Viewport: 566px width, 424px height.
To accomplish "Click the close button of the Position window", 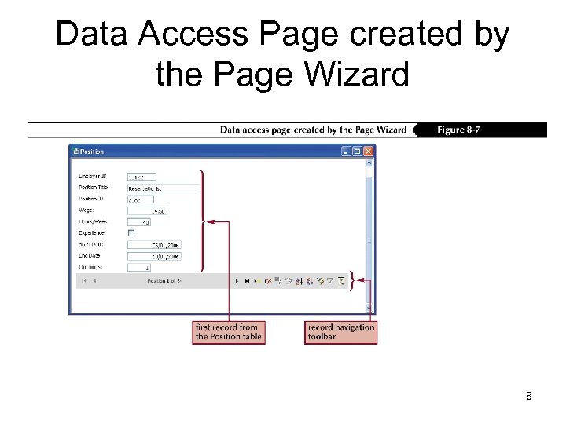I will tap(368, 152).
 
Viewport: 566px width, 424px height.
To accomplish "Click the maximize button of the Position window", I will tap(357, 152).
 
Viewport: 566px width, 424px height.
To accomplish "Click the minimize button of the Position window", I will tap(346, 152).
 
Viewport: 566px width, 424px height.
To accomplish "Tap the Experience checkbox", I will tap(131, 233).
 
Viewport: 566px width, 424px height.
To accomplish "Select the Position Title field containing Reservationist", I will tap(163, 188).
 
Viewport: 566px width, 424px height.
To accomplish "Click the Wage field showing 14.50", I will tap(146, 211).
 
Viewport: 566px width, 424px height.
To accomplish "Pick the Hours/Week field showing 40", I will tap(138, 222).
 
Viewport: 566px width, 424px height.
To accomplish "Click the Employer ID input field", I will tap(141, 177).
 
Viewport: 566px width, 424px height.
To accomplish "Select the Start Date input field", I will tap(153, 245).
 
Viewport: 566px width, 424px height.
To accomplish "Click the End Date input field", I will tap(153, 256).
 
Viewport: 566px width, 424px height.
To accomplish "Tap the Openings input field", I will tap(138, 268).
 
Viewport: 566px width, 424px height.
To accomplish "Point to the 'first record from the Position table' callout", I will tap(228, 332).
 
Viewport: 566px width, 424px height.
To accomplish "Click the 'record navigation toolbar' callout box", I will tap(341, 332).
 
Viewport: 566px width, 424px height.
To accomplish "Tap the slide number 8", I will tap(529, 397).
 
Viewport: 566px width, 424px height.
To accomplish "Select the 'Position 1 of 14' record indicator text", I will tap(164, 280).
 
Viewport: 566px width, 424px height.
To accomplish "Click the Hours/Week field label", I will tap(93, 222).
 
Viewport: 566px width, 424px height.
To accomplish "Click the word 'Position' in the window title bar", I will tap(92, 152).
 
